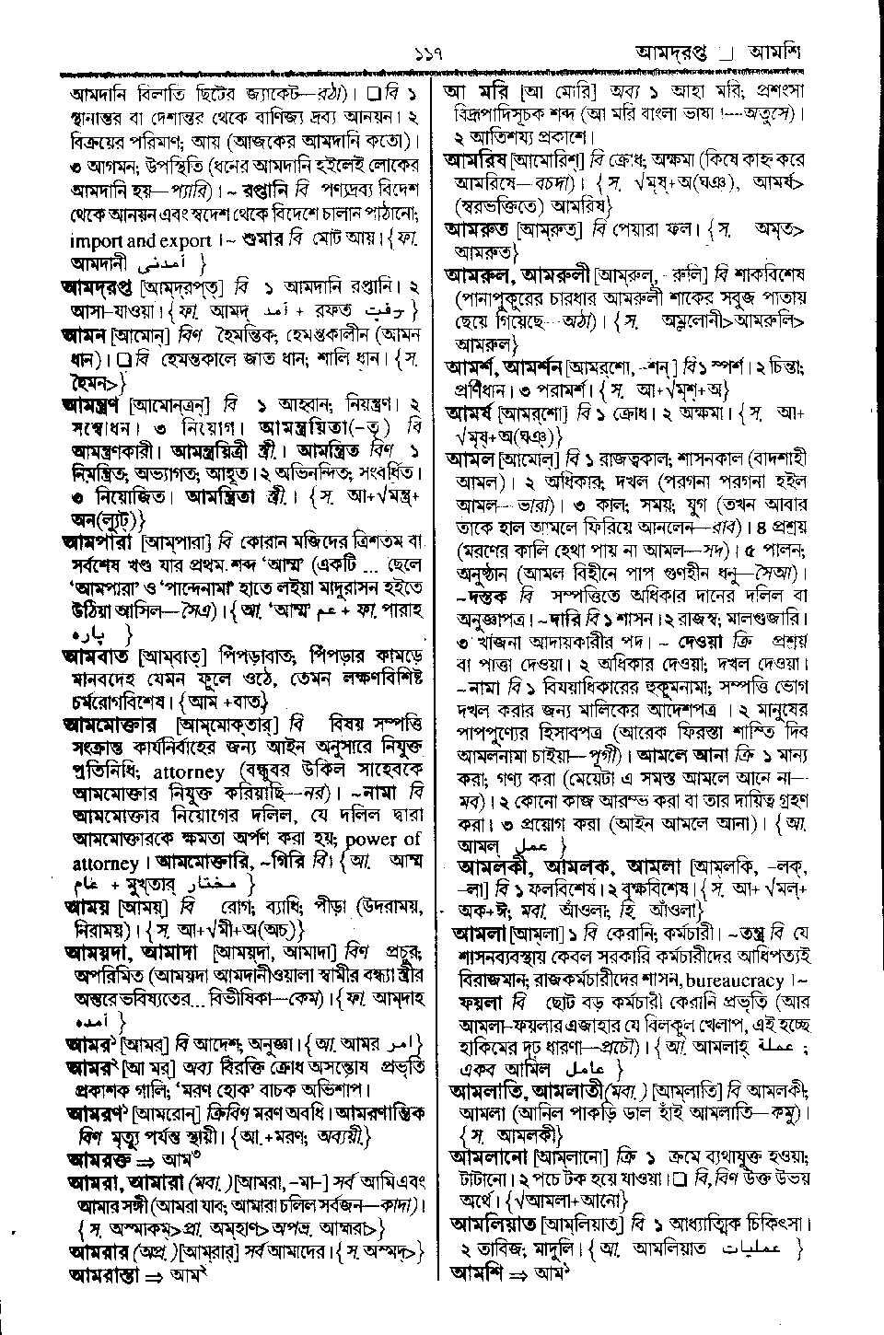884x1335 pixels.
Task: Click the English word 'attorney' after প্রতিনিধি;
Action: pyautogui.click(x=189, y=772)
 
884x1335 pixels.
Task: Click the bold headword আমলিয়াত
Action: pyautogui.click(x=494, y=1225)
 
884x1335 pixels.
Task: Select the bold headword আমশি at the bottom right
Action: pyautogui.click(x=471, y=1273)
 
